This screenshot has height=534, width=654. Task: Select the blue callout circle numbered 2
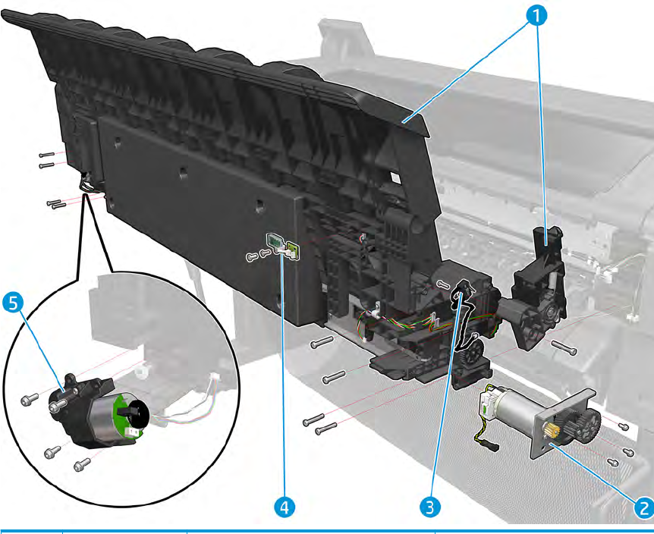coord(643,508)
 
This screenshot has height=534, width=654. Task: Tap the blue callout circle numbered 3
coord(430,507)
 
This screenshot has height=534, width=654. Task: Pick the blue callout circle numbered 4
coord(285,507)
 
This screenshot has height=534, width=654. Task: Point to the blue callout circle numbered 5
coord(14,303)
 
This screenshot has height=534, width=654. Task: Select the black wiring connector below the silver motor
coord(493,448)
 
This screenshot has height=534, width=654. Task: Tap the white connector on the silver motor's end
coord(486,403)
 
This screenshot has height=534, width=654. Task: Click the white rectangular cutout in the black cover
coord(396,178)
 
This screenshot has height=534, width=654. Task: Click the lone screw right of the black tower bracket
coord(564,347)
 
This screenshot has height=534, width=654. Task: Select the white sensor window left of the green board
coord(273,240)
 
